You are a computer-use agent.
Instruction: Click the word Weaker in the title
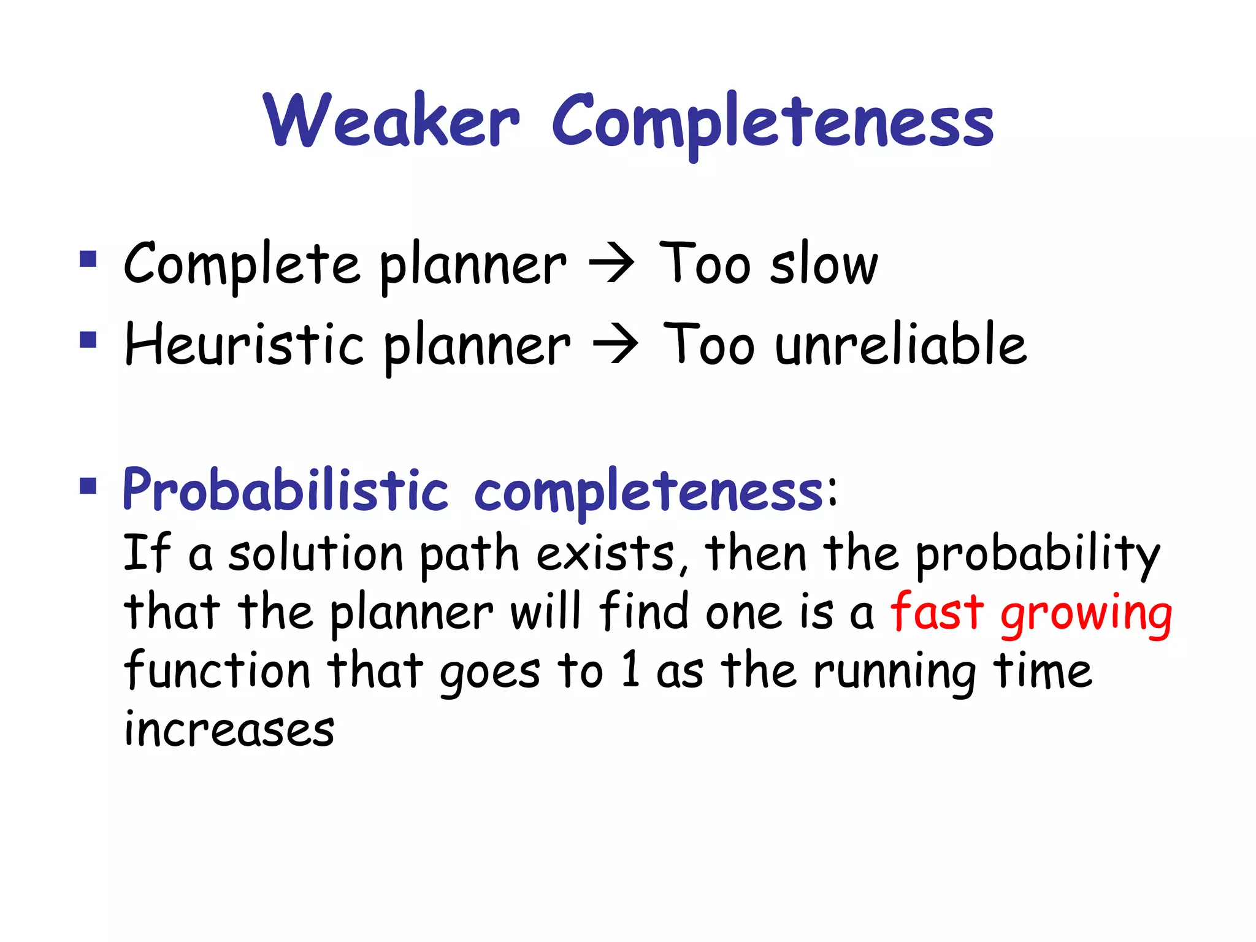point(391,121)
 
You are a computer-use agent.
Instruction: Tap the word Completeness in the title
point(772,122)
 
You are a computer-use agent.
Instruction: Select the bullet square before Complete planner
point(88,259)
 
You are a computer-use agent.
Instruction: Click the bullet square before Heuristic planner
point(88,339)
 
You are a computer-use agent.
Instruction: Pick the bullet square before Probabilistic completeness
point(88,486)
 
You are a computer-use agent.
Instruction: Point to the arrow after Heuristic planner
point(615,345)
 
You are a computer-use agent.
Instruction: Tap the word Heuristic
point(244,344)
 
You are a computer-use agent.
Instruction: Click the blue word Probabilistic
point(285,490)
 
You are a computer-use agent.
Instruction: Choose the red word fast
point(936,611)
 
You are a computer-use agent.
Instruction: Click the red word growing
point(1086,615)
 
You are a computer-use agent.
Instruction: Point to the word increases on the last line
point(229,729)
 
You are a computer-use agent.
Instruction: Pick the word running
point(894,672)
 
